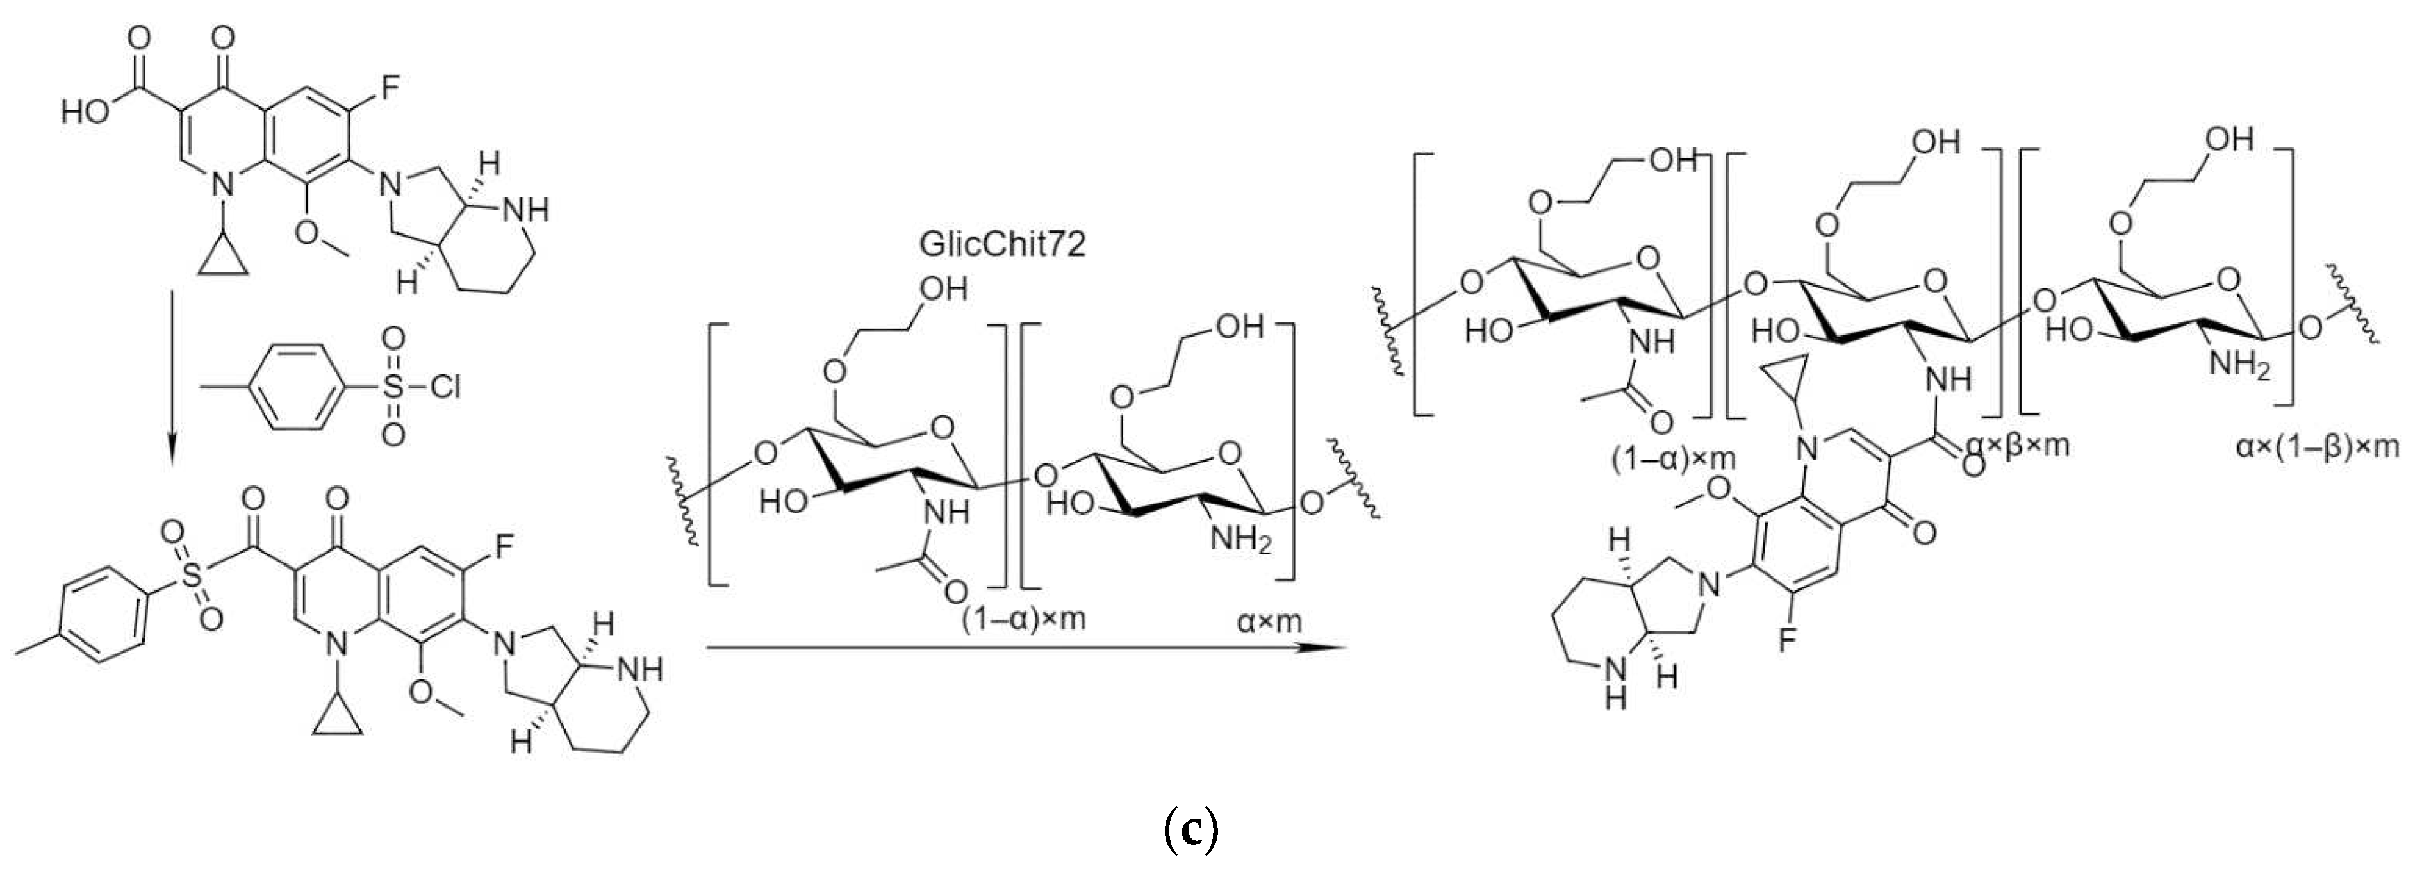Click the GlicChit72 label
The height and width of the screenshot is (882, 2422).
pos(1001,244)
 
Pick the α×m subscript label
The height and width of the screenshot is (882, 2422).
pos(1269,622)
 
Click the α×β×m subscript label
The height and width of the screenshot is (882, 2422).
pos(2018,444)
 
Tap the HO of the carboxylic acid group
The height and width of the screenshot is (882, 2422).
pos(86,113)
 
